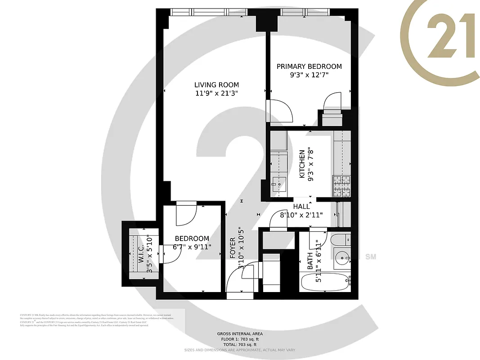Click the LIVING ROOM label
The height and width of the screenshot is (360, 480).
(216, 85)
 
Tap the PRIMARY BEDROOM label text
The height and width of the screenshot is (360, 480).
(309, 66)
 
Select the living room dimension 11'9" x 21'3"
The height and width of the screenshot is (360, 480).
(216, 94)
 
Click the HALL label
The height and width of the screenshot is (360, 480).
(301, 206)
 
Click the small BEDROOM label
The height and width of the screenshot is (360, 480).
(192, 238)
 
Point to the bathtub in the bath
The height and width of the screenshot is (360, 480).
(324, 283)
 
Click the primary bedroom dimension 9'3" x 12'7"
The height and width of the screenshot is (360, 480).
(309, 75)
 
